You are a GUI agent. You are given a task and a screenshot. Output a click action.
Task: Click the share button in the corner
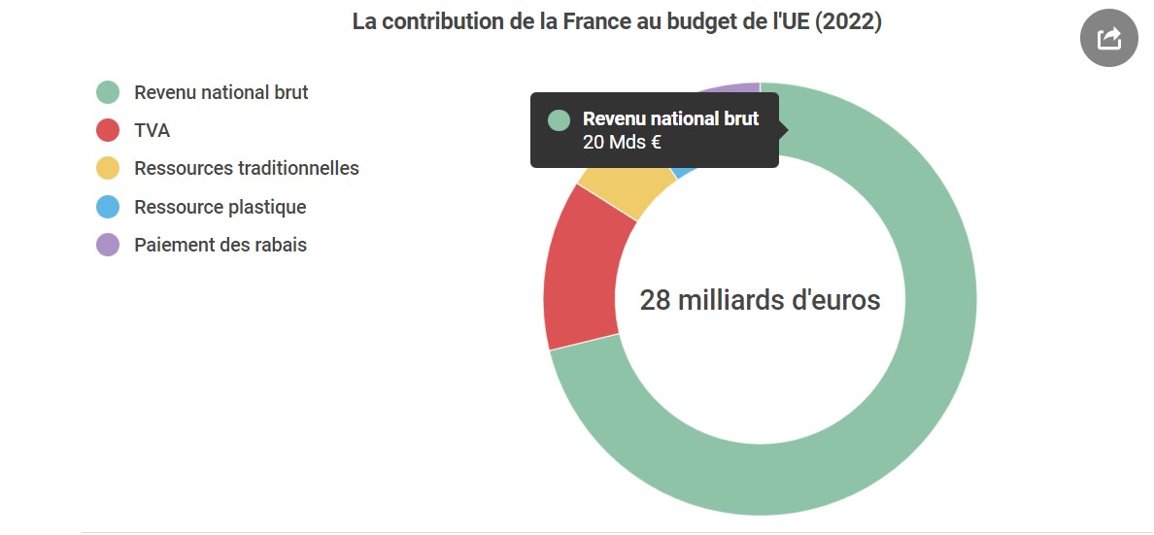click(1108, 39)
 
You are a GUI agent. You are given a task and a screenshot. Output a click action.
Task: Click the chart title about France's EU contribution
click(617, 21)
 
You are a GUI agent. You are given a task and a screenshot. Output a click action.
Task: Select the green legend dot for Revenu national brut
click(108, 93)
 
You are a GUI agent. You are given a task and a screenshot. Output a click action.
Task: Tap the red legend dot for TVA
click(108, 131)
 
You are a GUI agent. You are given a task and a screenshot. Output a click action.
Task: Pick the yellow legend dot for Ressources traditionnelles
click(108, 169)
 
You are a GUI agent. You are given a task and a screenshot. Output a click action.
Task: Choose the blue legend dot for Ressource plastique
click(108, 207)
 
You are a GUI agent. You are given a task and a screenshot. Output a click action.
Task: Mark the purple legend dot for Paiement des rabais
click(108, 245)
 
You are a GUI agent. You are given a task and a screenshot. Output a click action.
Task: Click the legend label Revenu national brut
click(221, 93)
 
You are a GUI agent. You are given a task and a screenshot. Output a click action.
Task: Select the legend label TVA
click(153, 131)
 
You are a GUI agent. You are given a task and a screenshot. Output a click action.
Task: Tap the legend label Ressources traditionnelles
click(247, 169)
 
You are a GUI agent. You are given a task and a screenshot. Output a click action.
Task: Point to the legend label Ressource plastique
click(221, 207)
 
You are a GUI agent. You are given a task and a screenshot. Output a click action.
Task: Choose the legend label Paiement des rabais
click(221, 245)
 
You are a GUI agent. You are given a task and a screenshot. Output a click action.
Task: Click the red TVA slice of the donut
click(580, 266)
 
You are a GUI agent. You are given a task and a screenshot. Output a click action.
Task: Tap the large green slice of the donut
click(874, 408)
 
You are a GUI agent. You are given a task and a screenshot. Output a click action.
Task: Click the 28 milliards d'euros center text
click(760, 300)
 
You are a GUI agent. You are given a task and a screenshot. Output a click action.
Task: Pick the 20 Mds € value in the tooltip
click(623, 143)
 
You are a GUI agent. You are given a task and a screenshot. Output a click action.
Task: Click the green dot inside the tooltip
click(559, 120)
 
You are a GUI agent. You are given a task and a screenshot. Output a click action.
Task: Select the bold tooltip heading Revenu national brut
click(670, 119)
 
